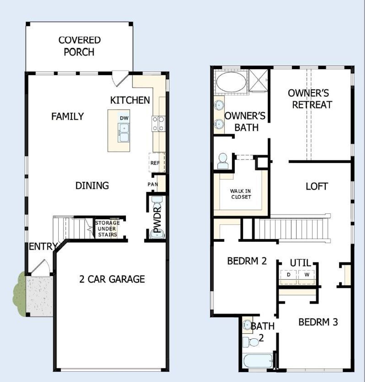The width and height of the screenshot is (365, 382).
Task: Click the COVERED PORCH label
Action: tap(79, 46)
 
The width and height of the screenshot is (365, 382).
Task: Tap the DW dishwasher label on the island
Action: tap(124, 118)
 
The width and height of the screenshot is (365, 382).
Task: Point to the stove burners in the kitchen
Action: tap(159, 124)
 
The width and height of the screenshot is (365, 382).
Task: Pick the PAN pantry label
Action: tap(153, 184)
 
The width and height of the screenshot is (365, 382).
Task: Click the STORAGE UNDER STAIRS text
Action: tap(107, 229)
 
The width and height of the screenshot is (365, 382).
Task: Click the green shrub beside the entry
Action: tap(19, 294)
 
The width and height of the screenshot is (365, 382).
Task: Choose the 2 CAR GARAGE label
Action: tap(112, 279)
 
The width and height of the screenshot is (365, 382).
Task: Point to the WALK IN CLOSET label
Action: tap(241, 194)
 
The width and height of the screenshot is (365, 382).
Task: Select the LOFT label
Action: tap(317, 186)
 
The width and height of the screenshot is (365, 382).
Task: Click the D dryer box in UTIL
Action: tap(289, 275)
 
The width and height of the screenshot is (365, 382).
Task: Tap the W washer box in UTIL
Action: tap(307, 275)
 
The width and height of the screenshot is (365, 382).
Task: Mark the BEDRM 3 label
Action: tap(318, 322)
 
